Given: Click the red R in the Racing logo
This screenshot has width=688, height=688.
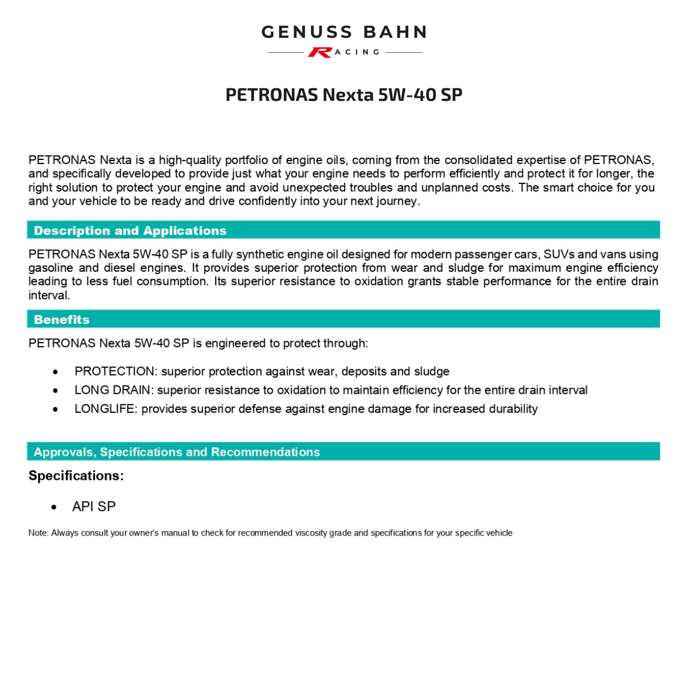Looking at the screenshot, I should [x=319, y=52].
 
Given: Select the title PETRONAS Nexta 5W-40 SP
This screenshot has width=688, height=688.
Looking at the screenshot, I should [x=344, y=95].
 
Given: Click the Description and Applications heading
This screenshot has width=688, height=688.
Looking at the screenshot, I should [x=130, y=230].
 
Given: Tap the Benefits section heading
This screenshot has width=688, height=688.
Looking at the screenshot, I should [x=62, y=319].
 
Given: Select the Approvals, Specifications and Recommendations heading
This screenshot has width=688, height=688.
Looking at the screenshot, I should [x=177, y=452].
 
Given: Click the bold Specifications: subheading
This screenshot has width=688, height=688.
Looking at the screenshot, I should [x=76, y=476].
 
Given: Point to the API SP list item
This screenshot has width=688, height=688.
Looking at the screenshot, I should [x=94, y=507].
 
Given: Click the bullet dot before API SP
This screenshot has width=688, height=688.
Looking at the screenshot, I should [x=54, y=507].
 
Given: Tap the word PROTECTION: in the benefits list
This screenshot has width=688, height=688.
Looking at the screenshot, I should [x=115, y=372].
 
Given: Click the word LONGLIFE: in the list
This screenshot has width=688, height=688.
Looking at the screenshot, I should [x=106, y=409].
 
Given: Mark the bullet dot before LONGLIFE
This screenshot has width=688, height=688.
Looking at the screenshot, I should [x=55, y=409].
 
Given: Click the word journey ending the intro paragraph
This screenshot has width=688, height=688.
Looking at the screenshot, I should [x=397, y=201].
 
